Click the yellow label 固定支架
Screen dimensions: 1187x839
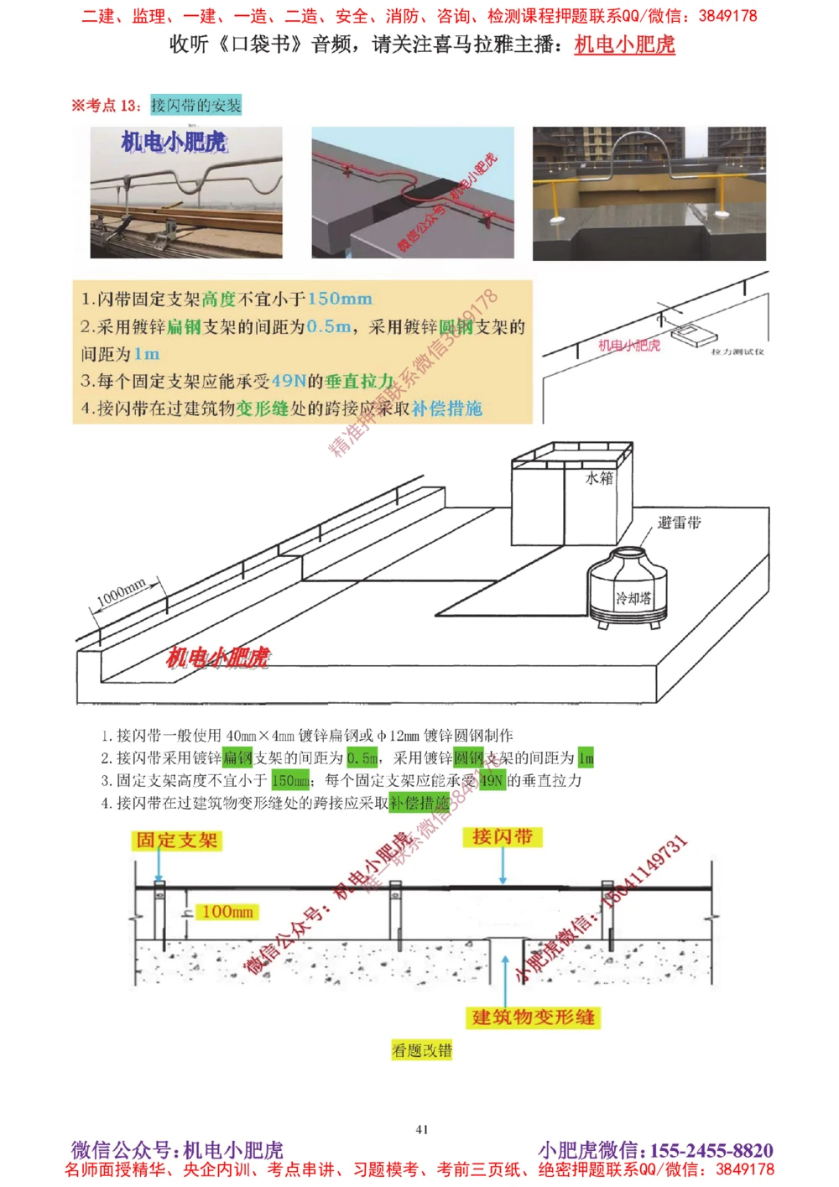pos(176,841)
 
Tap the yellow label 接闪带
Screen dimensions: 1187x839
pos(502,837)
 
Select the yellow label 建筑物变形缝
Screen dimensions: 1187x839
pos(534,1018)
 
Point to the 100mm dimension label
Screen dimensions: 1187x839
pos(227,912)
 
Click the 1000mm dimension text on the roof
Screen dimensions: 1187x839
pos(122,593)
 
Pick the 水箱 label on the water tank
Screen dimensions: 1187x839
pos(599,478)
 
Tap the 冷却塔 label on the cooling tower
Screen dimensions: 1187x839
pos(633,598)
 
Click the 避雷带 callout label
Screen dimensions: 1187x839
pos(679,523)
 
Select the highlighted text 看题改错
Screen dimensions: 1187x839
pos(422,1050)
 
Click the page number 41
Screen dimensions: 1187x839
pos(422,1129)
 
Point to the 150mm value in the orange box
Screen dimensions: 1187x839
pos(339,299)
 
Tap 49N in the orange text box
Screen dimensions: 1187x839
pos(289,381)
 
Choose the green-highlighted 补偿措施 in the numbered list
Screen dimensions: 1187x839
pos(419,803)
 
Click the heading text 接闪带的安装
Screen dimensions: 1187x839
pos(195,105)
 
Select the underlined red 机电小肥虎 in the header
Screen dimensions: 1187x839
pos(624,44)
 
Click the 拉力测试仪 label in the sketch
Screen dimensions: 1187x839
pos(737,351)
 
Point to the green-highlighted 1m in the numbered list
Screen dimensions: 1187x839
pos(586,758)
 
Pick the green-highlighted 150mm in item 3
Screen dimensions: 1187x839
pos(290,780)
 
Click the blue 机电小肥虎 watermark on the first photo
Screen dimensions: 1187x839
pos(174,142)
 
